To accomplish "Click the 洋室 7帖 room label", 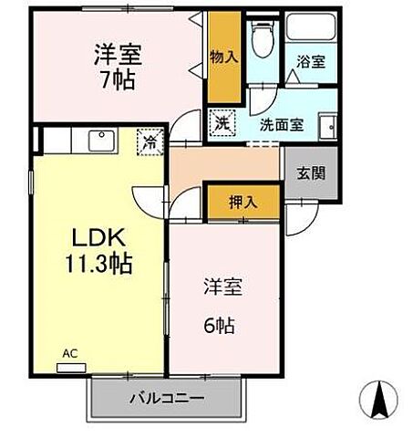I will point(115,65).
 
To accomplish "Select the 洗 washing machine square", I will point(222,120).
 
